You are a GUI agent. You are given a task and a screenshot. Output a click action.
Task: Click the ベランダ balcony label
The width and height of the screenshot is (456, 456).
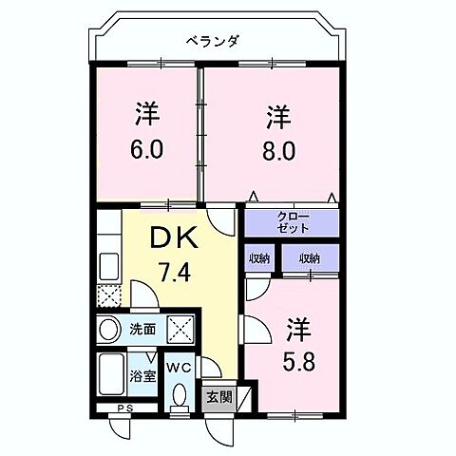pos(213,40)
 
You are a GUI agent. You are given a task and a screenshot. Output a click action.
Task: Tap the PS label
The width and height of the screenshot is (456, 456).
pos(123,409)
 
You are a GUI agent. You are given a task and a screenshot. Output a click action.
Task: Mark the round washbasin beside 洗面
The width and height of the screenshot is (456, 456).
pos(109,331)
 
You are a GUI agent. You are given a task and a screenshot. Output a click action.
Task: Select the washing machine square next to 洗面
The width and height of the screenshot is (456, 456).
pos(180,331)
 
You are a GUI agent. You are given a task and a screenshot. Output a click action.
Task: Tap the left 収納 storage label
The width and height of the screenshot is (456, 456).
pos(259,258)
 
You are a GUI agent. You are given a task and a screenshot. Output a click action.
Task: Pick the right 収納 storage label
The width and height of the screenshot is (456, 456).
pos(308,258)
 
